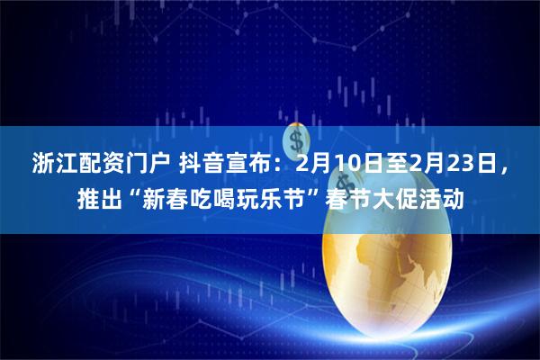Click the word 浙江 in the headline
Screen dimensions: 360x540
(51, 165)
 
